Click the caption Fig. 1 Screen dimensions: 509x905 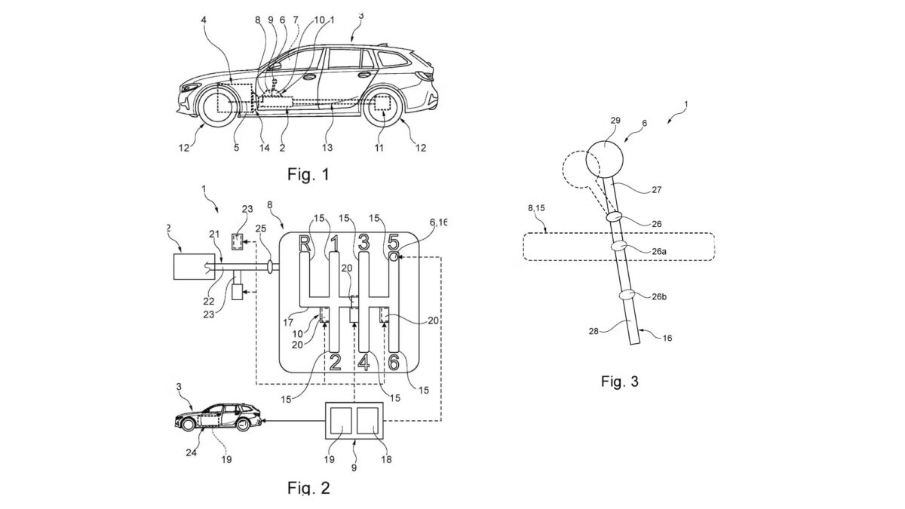tap(309, 176)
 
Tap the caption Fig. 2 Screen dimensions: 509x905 tap(309, 488)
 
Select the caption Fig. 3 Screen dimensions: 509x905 tap(620, 381)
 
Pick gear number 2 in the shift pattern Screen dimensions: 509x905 tap(336, 363)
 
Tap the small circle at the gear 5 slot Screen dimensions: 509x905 tap(394, 257)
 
